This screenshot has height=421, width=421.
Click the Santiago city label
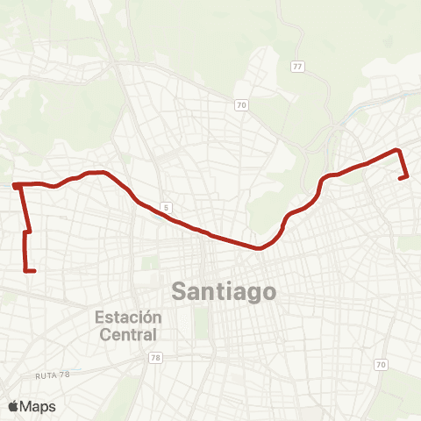(224, 290)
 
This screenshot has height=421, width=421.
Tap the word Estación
(129, 317)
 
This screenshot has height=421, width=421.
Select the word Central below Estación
(129, 334)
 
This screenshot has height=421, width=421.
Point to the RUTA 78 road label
(52, 375)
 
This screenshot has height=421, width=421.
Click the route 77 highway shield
(297, 66)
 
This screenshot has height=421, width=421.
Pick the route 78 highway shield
(155, 358)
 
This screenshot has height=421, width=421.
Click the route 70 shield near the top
(241, 105)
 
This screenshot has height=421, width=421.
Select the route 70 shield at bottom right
(380, 364)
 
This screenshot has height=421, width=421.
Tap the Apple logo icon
(14, 406)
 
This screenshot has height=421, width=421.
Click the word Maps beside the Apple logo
(39, 406)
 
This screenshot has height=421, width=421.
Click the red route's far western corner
(15, 185)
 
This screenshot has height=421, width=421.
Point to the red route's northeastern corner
(399, 150)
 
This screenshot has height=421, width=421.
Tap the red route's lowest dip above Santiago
(259, 248)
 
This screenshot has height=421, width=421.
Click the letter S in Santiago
(179, 290)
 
